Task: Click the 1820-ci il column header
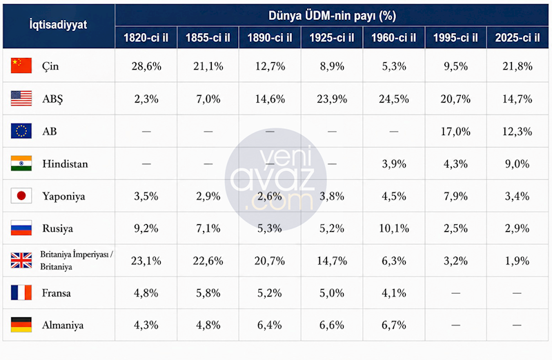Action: click(146, 38)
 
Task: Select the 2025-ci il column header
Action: click(517, 38)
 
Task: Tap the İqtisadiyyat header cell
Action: click(58, 25)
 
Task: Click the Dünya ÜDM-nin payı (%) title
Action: click(332, 16)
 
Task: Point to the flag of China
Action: click(21, 66)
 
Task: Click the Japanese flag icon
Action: click(21, 196)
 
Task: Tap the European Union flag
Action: click(21, 130)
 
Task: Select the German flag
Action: click(21, 325)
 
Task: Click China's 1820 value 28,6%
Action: click(146, 66)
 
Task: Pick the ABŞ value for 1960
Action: click(394, 99)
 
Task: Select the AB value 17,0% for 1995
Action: click(455, 132)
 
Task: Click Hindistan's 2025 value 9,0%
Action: click(517, 164)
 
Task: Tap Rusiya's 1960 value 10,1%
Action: click(394, 228)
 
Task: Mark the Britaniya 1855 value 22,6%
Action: click(208, 261)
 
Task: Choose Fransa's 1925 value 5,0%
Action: click(332, 293)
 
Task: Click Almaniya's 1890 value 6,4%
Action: click(270, 325)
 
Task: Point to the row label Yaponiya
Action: click(63, 197)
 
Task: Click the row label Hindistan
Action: click(65, 164)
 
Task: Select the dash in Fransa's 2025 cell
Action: click(517, 293)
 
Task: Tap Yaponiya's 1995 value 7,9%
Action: click(455, 196)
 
